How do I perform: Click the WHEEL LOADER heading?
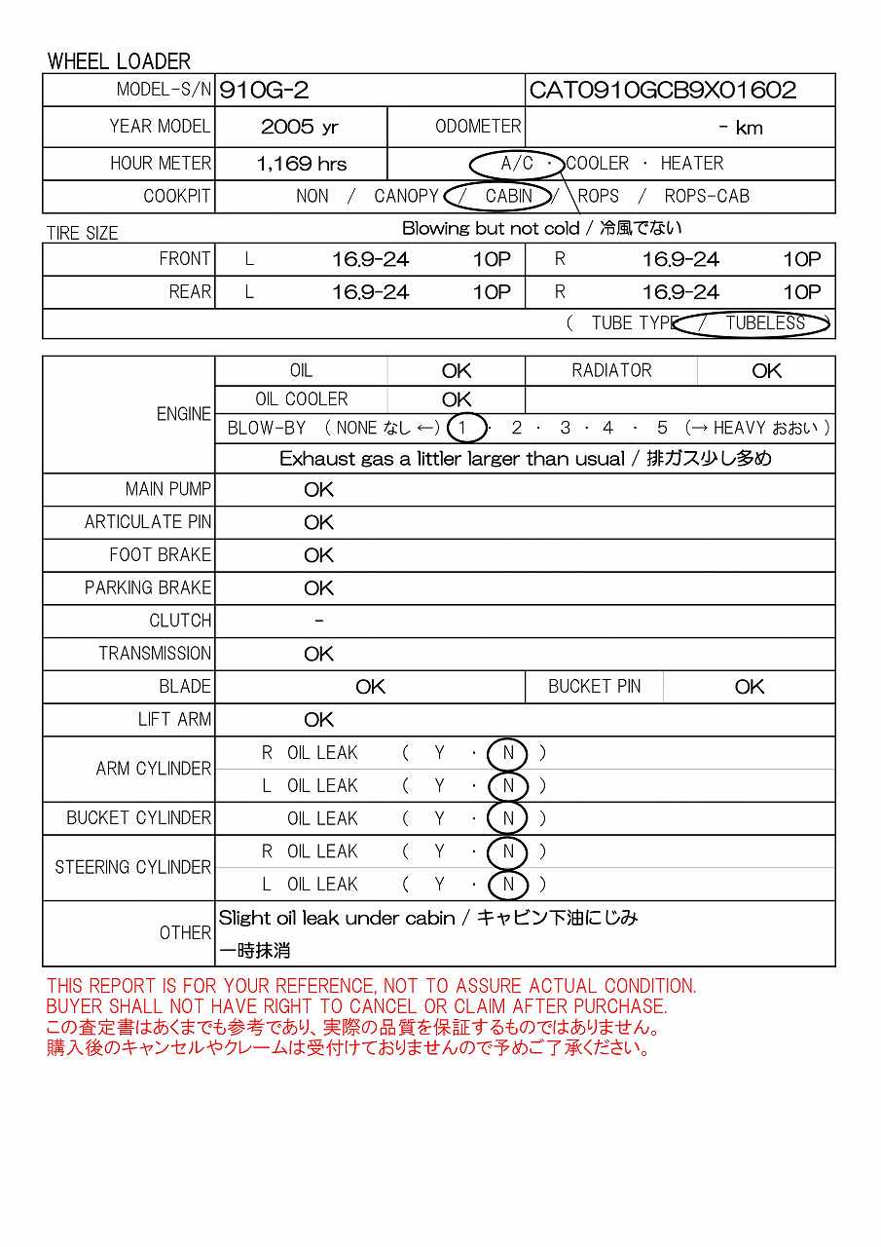click(119, 61)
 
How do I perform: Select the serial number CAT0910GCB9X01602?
click(663, 91)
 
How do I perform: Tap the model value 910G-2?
click(265, 91)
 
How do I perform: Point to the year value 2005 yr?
click(300, 128)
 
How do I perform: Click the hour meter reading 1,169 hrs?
click(302, 164)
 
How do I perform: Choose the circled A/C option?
click(517, 164)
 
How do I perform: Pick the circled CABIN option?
click(508, 196)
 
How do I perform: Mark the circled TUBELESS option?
click(765, 323)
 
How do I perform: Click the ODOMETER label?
click(478, 127)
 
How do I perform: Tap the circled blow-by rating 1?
click(466, 428)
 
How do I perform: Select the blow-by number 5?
click(662, 428)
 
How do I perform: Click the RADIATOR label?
click(611, 370)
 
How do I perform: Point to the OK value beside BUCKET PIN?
click(750, 687)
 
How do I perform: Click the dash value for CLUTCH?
click(319, 621)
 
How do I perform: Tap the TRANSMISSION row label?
click(155, 654)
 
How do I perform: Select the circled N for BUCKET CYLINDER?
click(507, 818)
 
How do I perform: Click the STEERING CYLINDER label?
click(132, 867)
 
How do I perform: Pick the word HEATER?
click(692, 164)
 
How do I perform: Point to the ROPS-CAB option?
click(707, 196)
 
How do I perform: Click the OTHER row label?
click(185, 932)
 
